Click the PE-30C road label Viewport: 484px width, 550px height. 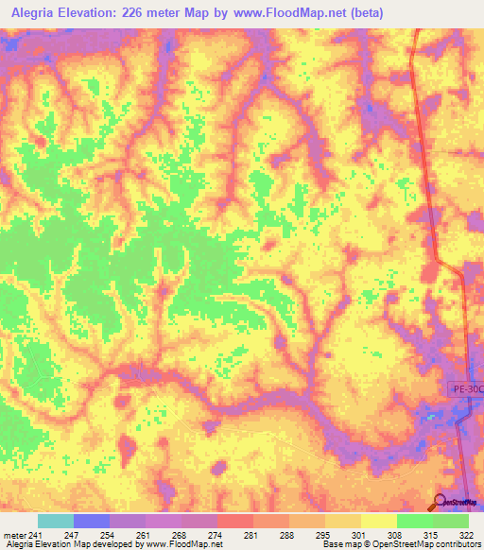[464, 388]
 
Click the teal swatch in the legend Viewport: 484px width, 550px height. [56, 521]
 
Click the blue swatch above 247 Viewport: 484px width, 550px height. [92, 521]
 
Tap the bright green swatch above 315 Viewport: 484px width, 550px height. [414, 521]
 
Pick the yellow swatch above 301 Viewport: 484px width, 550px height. [342, 521]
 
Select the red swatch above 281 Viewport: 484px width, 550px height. [235, 521]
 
